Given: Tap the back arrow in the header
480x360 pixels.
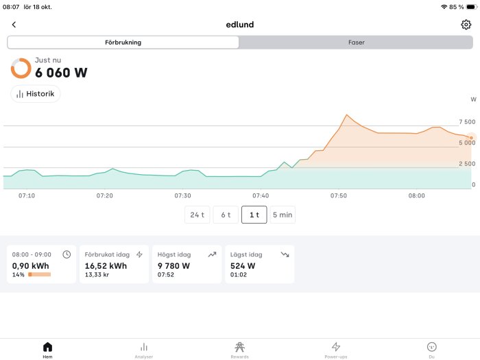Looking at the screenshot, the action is tap(14, 25).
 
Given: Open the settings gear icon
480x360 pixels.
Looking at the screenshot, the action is tap(466, 25).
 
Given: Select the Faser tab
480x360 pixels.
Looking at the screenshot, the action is tap(356, 43).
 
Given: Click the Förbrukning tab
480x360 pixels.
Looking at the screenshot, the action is tap(123, 43).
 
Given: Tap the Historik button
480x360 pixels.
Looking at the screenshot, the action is tap(36, 94).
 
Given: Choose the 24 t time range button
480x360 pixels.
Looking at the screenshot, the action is tap(197, 215).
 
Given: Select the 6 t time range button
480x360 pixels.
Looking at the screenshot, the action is tap(226, 215).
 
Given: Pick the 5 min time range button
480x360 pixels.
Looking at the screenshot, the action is tap(283, 215).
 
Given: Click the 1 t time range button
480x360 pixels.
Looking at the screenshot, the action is tap(254, 215).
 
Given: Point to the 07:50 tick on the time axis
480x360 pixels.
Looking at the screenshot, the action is tap(339, 195).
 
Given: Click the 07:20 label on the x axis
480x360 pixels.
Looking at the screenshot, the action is tap(105, 195).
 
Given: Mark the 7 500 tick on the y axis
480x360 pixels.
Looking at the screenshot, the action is tap(467, 122).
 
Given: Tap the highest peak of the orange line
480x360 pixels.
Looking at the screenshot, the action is tap(346, 115).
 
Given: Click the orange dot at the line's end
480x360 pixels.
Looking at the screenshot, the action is tap(471, 138).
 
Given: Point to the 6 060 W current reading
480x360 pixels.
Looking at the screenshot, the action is tap(61, 73).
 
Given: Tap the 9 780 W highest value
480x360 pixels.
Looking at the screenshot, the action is tap(173, 266).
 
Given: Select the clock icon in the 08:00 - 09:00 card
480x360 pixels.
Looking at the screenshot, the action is tap(67, 254).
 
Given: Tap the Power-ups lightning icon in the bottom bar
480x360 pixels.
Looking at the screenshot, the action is tap(336, 346).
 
